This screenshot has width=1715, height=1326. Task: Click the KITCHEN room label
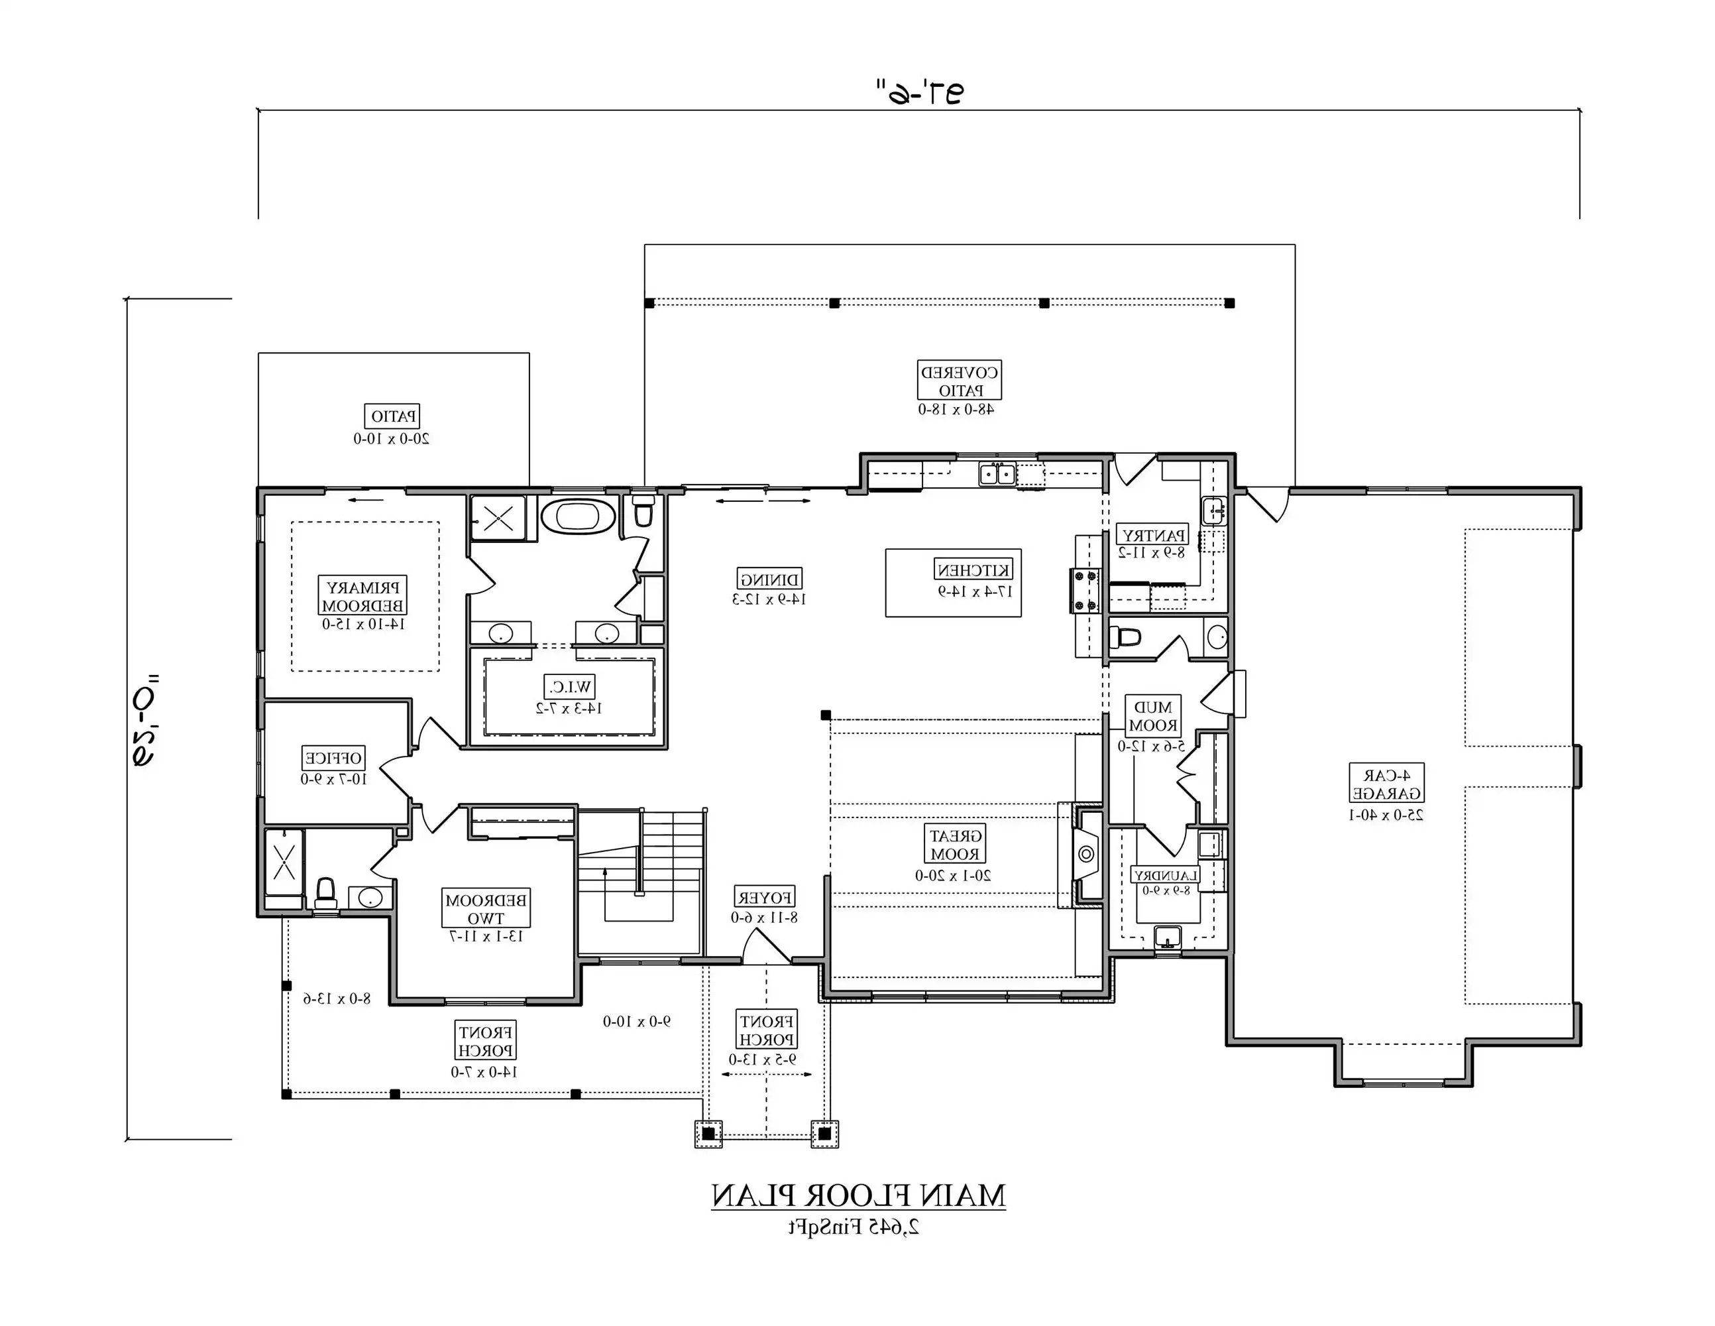[973, 570]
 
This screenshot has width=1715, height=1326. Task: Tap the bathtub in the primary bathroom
[578, 516]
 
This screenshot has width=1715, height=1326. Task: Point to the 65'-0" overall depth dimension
[146, 719]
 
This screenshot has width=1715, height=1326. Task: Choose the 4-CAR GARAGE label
[1386, 783]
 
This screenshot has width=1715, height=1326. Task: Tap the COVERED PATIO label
[959, 381]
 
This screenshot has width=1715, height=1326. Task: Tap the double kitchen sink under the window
[997, 475]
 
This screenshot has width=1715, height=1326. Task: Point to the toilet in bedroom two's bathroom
[325, 892]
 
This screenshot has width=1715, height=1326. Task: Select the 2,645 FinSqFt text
[854, 1227]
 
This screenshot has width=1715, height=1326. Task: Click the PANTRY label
[1152, 535]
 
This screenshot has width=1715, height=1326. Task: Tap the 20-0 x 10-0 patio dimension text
[391, 438]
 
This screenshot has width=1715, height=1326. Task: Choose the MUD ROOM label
[1153, 717]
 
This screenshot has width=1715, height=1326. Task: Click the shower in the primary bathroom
[498, 518]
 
